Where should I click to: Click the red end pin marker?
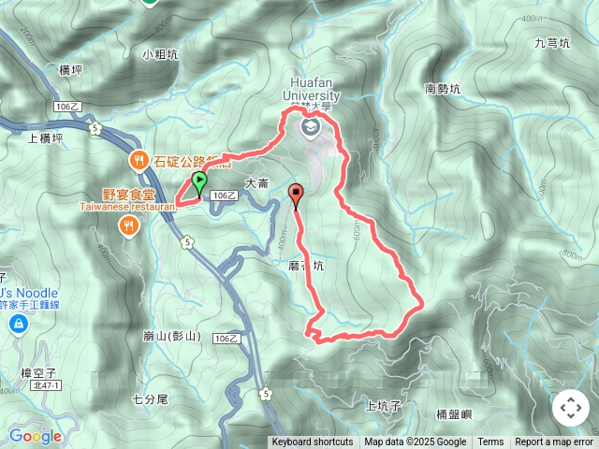point(298,196)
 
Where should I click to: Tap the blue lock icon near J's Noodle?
point(18,324)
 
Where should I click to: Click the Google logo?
point(35,436)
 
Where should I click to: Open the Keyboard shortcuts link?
point(312,442)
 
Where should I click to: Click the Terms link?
point(490,442)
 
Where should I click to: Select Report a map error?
point(554,442)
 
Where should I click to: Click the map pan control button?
point(570,408)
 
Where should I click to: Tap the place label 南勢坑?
point(444,90)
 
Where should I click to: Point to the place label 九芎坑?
point(551,43)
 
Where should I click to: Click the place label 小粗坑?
point(161,54)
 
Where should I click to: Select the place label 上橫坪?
point(45,138)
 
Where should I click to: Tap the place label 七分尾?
point(149,398)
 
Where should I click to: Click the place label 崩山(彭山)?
point(171,336)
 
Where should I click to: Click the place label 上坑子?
point(383,405)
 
